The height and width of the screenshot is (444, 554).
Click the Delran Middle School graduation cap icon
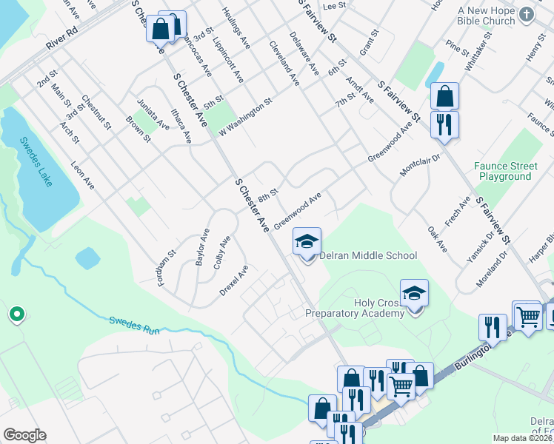click(307, 241)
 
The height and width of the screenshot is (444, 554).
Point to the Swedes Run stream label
click(134, 326)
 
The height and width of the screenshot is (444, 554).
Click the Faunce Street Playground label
click(505, 172)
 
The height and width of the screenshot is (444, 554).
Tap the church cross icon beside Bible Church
click(527, 15)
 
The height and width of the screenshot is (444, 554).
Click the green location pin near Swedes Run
click(16, 315)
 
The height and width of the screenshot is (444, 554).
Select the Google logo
click(24, 435)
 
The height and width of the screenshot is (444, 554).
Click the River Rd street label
click(61, 39)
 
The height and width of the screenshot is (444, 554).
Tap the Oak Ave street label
click(438, 239)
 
